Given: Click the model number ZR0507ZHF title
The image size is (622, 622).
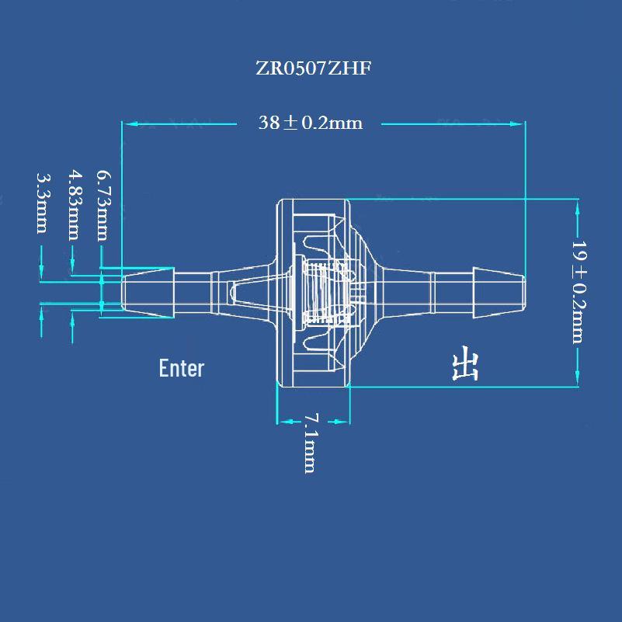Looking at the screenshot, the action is pos(314,68).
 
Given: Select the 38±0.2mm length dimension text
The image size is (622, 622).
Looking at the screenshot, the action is pos(310,123).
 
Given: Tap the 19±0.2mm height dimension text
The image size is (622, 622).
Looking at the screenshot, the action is pos(579,292).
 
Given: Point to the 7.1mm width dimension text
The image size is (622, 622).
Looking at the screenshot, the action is pos(311,443).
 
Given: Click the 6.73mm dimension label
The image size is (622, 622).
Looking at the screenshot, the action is pos(104,206).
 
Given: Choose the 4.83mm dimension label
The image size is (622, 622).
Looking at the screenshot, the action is pos(75,205).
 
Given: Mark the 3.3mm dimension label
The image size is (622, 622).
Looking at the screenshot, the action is pos(43,203).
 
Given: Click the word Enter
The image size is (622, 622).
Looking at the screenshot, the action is pos(181,368).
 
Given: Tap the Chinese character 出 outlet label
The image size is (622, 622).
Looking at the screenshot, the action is pos(465,363).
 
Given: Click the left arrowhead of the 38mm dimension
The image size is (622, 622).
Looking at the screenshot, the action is pos(130,124).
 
